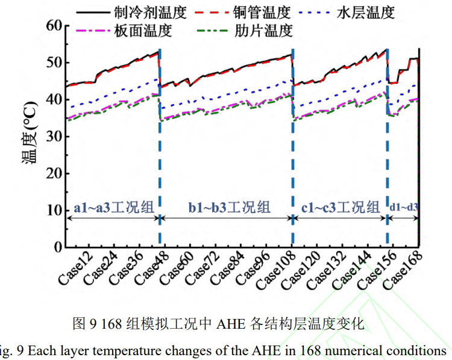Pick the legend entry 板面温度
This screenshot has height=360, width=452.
tap(142, 30)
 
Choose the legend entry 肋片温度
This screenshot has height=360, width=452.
tap(264, 30)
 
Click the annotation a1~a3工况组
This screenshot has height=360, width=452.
tap(114, 208)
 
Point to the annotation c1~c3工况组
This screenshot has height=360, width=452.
tap(340, 208)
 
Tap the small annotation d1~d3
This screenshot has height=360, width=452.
tap(403, 208)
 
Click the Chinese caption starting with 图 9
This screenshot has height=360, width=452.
tap(218, 324)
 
